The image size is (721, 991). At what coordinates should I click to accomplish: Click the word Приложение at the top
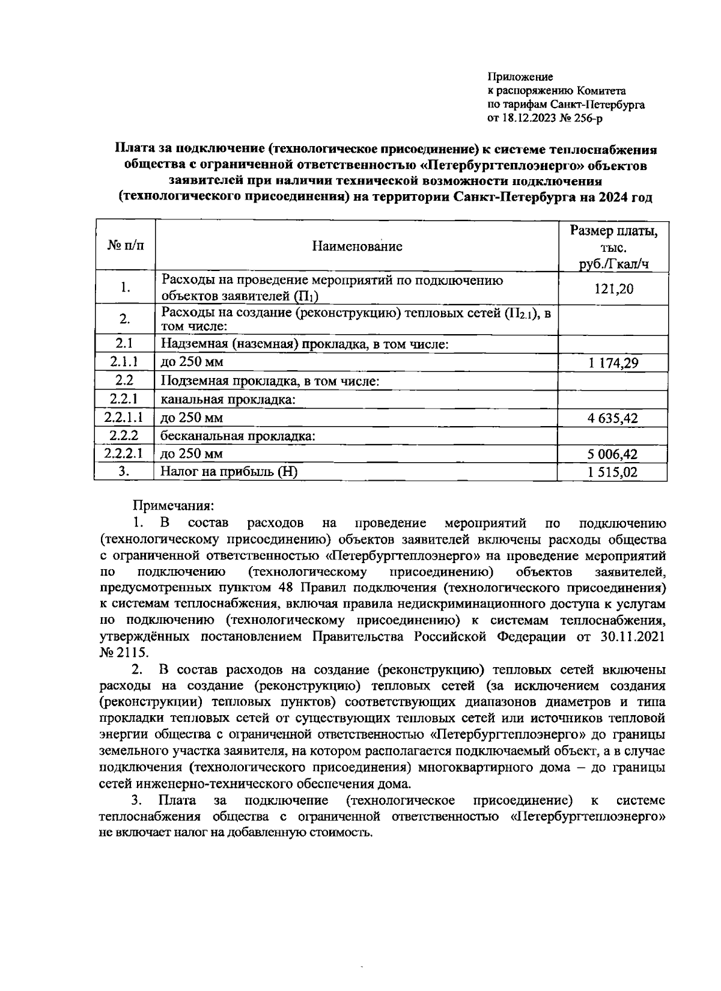[520, 77]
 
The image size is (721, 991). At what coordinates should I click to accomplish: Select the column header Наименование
[357, 246]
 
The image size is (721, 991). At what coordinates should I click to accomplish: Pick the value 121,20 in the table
[613, 289]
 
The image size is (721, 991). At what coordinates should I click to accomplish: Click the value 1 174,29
[613, 363]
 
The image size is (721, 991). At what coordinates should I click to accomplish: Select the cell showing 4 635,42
[613, 418]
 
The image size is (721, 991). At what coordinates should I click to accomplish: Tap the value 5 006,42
[613, 455]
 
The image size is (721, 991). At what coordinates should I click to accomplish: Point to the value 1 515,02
[613, 472]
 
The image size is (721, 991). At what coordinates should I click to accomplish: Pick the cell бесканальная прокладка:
[238, 436]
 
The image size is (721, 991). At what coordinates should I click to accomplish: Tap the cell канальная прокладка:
[228, 400]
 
